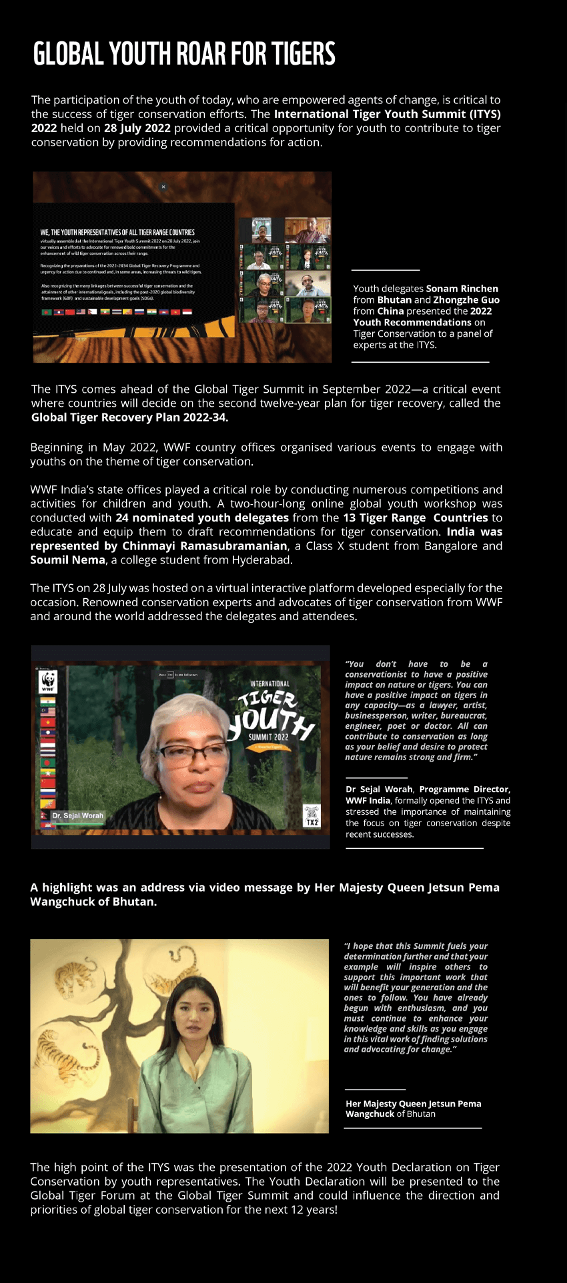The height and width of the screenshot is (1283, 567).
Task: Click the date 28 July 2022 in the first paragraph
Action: [137, 128]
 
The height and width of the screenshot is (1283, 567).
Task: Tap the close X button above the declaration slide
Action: [163, 187]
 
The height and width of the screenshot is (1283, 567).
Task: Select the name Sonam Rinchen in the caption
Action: [462, 289]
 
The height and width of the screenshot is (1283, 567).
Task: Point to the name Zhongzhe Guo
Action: [466, 300]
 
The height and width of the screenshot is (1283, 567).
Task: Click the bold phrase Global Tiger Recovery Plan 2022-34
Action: [129, 417]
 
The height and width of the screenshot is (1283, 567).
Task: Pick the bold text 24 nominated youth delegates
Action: [201, 517]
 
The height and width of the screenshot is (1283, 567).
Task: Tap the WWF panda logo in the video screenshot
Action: [48, 682]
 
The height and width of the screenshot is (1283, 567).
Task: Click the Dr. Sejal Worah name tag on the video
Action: [78, 816]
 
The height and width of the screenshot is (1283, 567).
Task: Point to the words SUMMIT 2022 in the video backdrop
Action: [269, 737]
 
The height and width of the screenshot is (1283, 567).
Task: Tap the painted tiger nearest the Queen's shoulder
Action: [55, 1048]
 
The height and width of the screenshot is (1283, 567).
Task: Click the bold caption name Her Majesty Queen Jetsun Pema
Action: [413, 1104]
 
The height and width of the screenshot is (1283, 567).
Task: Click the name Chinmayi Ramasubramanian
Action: [205, 545]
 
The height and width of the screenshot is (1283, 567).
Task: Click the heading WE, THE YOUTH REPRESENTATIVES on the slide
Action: [117, 233]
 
